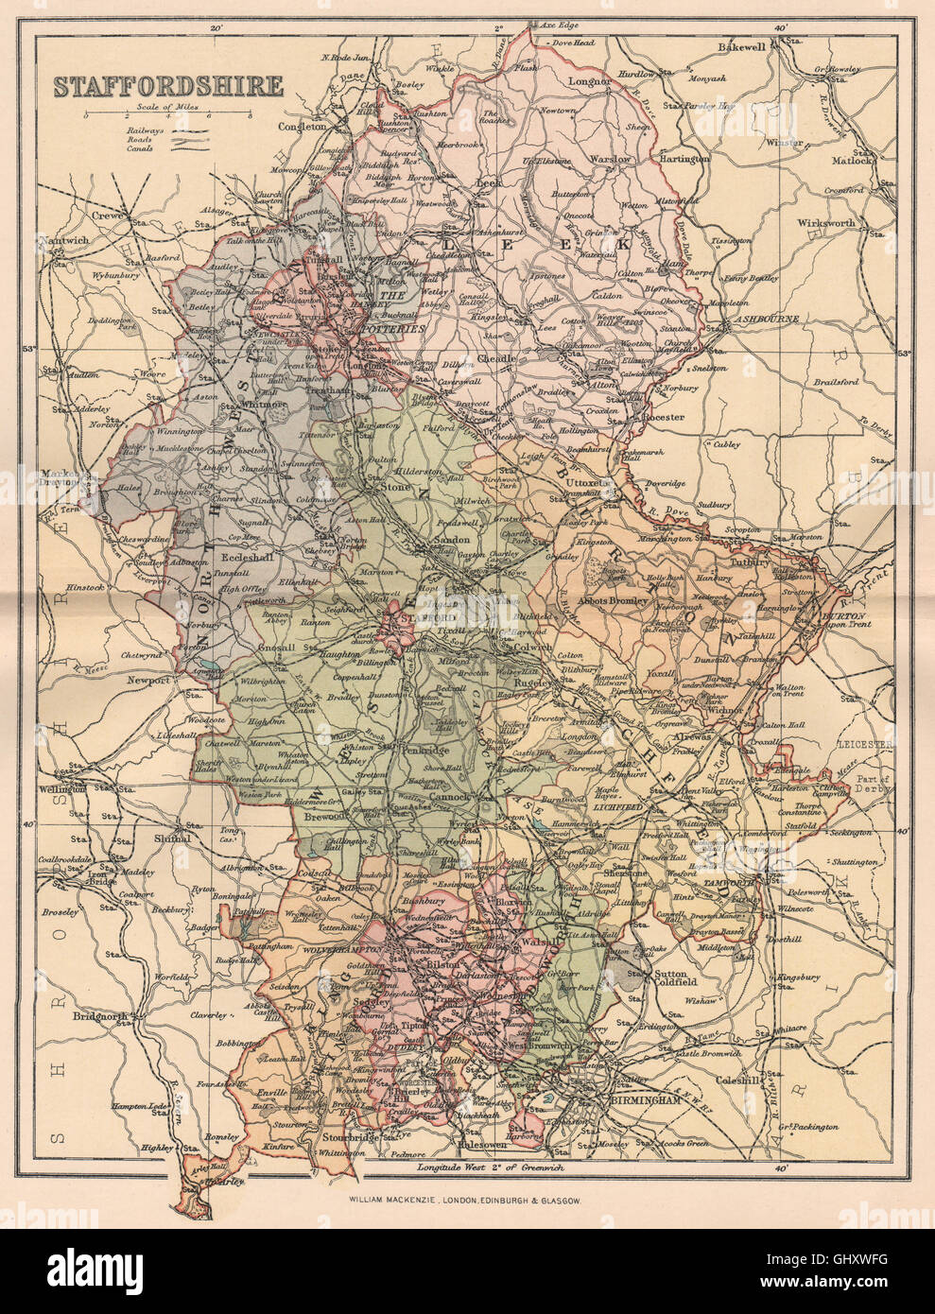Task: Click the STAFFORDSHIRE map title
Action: (x=167, y=86)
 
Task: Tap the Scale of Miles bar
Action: (x=167, y=115)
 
